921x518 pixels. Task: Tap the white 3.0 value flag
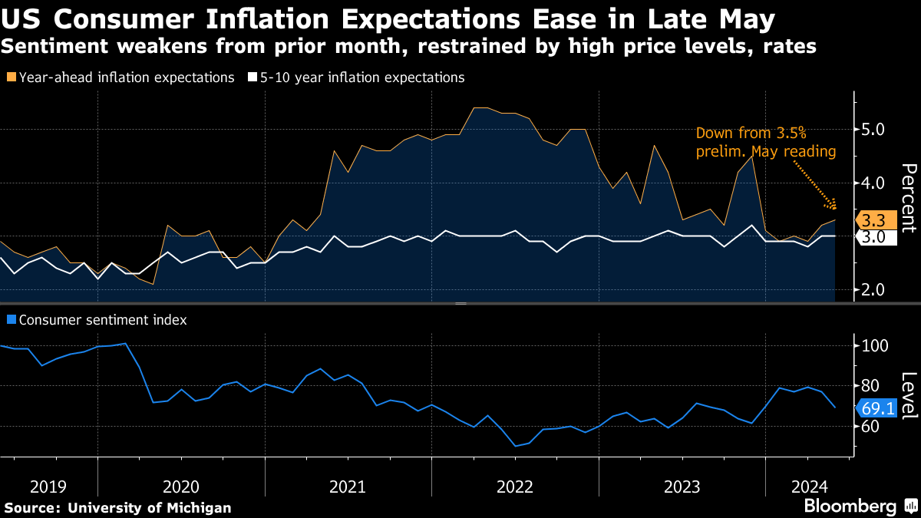pos(873,237)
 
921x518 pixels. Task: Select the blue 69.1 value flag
pos(874,408)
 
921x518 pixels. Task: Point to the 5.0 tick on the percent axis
pos(873,130)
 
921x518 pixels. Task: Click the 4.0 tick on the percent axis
pos(873,183)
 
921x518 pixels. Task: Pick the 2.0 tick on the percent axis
pos(873,290)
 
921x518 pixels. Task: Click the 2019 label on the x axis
pos(48,487)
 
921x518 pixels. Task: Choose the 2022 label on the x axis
pos(515,487)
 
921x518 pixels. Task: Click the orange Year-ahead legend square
pos(12,78)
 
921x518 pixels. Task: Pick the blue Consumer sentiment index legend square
pos(12,320)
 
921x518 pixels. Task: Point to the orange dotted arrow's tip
pos(835,207)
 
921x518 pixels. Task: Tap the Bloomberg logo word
pos(850,506)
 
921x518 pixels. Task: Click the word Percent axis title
pos(909,197)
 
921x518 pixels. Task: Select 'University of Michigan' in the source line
pos(150,507)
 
